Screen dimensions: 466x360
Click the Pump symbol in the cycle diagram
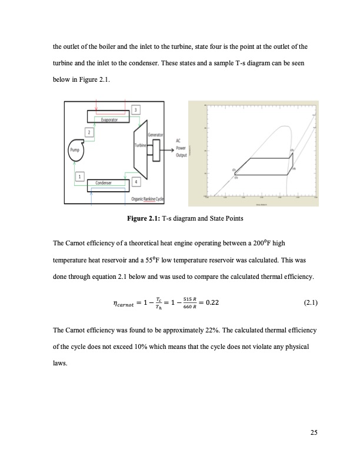pos(75,149)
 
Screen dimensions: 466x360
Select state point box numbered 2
pos(91,132)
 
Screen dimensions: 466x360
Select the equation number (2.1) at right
pos(310,304)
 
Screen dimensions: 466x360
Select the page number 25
pos(313,434)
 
